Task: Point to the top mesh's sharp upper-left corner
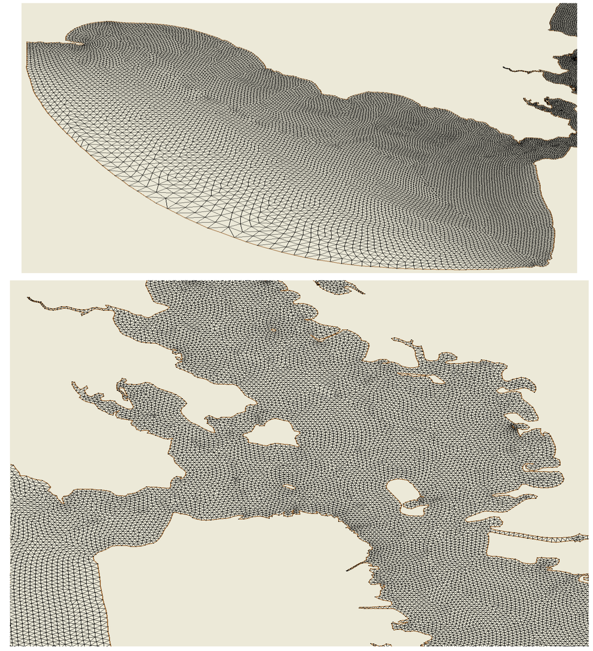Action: click(27, 42)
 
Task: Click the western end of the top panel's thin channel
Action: click(504, 68)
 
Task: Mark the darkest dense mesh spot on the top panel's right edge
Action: click(573, 58)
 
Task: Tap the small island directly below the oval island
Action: click(413, 510)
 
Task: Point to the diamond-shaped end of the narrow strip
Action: click(580, 538)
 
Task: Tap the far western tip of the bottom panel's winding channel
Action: click(28, 298)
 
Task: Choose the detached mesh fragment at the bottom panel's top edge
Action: click(339, 286)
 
